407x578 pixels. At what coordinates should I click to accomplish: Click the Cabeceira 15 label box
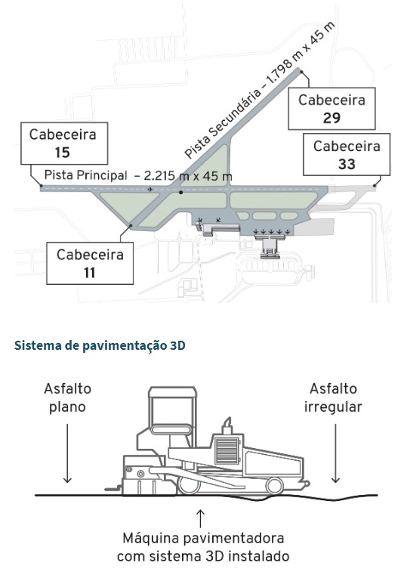(63, 144)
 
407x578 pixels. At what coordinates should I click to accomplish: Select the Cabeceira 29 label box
(331, 109)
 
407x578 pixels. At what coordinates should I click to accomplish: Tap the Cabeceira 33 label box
(347, 155)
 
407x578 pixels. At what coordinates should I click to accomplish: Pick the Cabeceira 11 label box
(90, 263)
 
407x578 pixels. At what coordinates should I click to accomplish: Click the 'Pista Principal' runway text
(85, 175)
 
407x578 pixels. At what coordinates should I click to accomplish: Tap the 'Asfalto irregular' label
(335, 397)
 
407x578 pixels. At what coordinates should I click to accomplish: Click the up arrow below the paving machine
(201, 518)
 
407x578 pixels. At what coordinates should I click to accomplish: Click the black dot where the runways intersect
(180, 192)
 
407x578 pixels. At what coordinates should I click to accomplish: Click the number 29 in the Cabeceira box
(331, 118)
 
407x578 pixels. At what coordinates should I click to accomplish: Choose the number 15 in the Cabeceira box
(63, 153)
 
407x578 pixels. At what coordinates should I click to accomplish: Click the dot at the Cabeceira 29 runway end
(301, 71)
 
